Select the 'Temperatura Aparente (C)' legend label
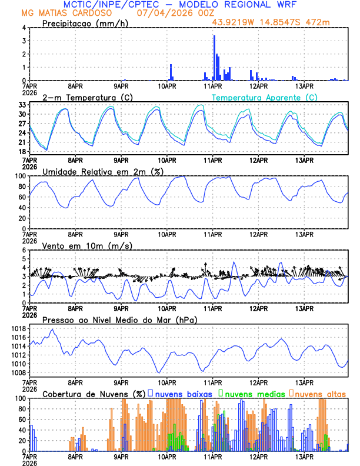[265, 97]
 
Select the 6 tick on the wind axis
[24, 250]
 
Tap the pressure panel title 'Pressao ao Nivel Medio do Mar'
[119, 319]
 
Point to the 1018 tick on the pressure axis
[18, 328]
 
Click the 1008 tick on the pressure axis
[18, 372]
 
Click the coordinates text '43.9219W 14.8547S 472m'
[272, 22]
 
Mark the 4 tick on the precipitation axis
[24, 28]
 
